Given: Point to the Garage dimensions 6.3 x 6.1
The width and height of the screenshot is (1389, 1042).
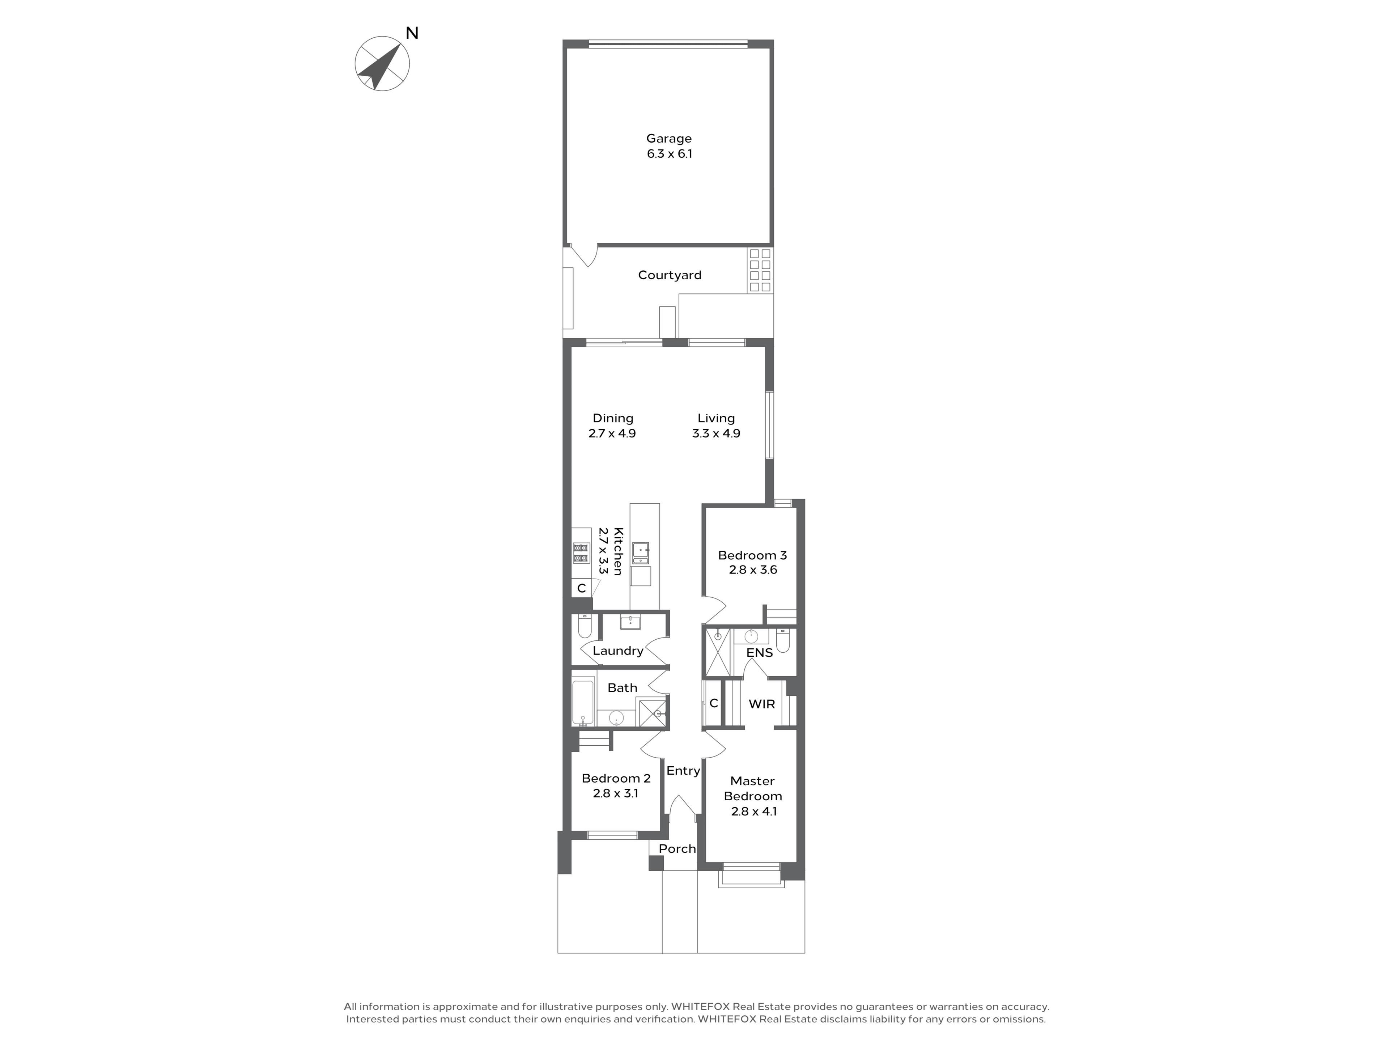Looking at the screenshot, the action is pyautogui.click(x=670, y=154).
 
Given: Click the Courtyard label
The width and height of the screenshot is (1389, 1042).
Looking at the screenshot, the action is pyautogui.click(x=670, y=275).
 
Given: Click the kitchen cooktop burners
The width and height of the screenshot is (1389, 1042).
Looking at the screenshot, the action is pyautogui.click(x=581, y=553).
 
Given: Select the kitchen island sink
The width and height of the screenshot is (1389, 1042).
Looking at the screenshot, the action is pyautogui.click(x=641, y=553).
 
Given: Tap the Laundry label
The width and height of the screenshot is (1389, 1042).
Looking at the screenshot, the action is pyautogui.click(x=618, y=651).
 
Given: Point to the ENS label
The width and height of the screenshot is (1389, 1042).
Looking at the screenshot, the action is pyautogui.click(x=759, y=653).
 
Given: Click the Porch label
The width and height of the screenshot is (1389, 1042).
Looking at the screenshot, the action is pyautogui.click(x=677, y=848).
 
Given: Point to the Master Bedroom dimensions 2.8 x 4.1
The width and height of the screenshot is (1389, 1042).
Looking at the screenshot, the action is pyautogui.click(x=753, y=811).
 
